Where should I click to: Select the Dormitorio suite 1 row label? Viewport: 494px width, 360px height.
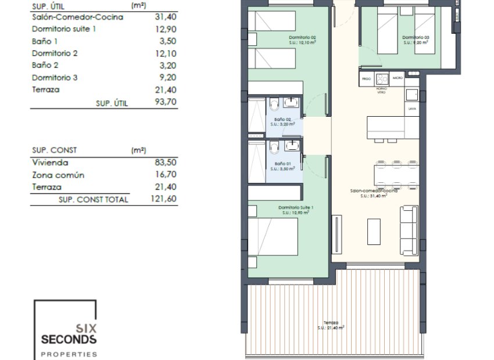tap(64, 29)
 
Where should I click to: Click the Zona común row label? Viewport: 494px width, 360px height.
tap(58, 175)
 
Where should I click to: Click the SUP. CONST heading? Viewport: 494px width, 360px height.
tap(55, 150)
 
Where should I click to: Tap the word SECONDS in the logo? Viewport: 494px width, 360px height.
tap(69, 339)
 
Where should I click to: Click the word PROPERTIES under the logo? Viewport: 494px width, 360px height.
tap(69, 354)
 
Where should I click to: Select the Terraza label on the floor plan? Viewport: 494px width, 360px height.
tap(331, 322)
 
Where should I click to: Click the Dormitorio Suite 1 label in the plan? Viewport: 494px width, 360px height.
tap(296, 208)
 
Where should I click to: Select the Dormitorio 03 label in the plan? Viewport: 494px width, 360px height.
tap(416, 38)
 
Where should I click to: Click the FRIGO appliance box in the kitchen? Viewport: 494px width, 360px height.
tap(366, 78)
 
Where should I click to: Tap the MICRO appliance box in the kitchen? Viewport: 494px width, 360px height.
tap(398, 78)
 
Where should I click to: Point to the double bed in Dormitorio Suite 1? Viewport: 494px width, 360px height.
tap(273, 237)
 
